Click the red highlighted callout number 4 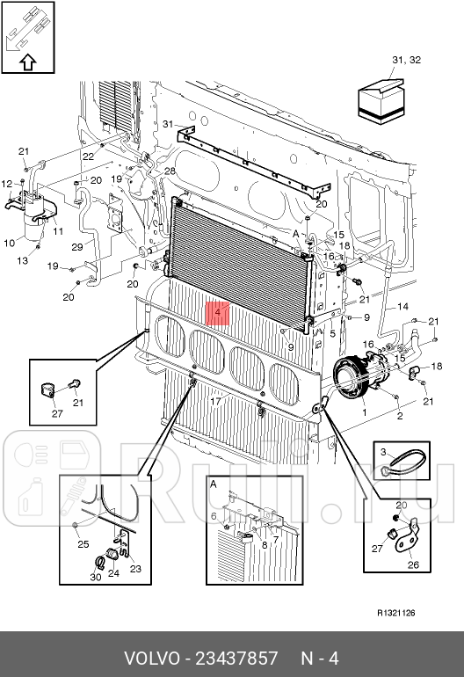pos(218,312)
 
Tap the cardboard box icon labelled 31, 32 pos(381,101)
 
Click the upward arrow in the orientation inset pos(28,62)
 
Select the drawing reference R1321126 pos(395,613)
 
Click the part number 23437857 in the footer pos(236,659)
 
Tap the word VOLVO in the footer pos(151,659)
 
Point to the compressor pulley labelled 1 pos(350,375)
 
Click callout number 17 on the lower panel pos(215,401)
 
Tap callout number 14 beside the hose pos(402,307)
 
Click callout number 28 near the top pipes pos(170,171)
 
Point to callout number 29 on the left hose pos(77,247)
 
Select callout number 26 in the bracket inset pos(413,564)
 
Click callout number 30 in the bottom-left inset pos(96,577)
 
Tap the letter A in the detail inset pos(214,484)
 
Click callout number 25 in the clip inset pos(83,544)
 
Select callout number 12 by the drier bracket pos(7,184)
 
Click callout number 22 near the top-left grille pos(88,157)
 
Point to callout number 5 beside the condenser pos(332,333)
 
